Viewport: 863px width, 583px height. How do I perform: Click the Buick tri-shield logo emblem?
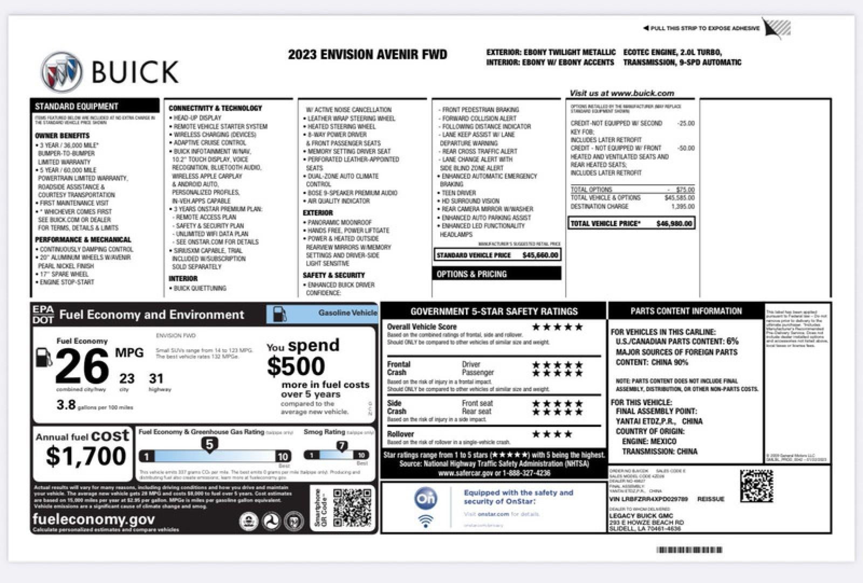click(61, 72)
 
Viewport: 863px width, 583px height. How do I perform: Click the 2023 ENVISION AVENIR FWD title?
click(367, 54)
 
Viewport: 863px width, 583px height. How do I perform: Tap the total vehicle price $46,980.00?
click(674, 224)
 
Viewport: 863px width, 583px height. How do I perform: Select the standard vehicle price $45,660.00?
click(540, 255)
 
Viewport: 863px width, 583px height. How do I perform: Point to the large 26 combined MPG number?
click(81, 366)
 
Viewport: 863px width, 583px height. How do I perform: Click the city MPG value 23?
click(127, 378)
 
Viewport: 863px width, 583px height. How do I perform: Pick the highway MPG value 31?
click(156, 378)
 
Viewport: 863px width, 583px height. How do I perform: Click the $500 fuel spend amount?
click(296, 366)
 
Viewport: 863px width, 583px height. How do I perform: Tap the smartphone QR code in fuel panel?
click(352, 507)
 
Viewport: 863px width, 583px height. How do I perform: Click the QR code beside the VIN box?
click(756, 486)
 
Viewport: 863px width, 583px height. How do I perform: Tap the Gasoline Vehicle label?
click(347, 313)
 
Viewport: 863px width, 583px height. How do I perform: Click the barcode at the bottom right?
click(689, 550)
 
